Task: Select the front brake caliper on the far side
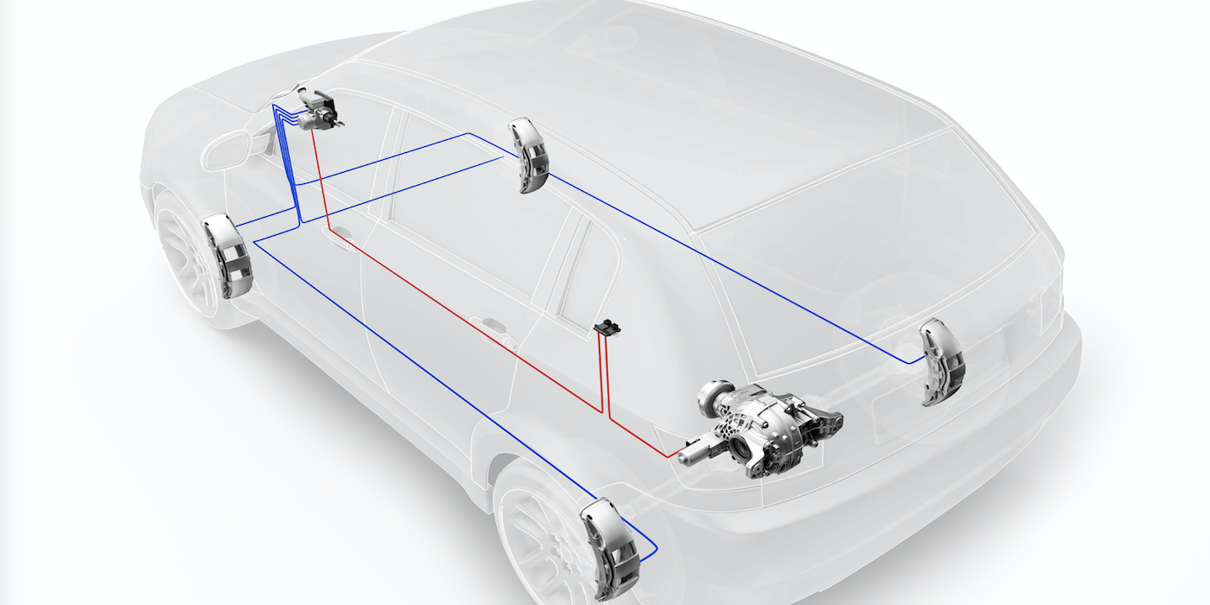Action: pyautogui.click(x=528, y=155)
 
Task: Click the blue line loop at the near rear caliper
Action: pyautogui.click(x=648, y=548)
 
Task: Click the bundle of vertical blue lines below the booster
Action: pyautogui.click(x=289, y=164)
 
